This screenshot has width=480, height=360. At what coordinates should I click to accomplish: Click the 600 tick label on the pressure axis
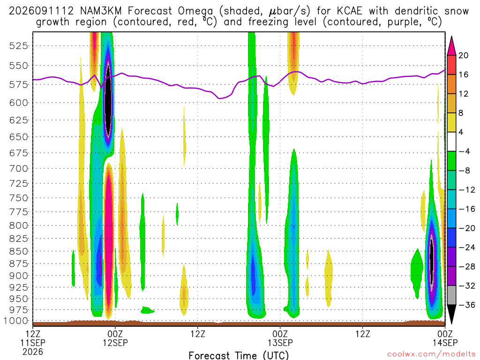click(19, 103)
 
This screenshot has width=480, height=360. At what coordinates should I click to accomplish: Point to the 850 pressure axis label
click(19, 251)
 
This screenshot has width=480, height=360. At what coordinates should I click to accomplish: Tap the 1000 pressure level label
click(16, 321)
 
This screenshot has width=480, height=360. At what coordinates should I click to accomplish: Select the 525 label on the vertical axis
click(19, 46)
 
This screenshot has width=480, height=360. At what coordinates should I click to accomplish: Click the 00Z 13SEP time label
click(280, 338)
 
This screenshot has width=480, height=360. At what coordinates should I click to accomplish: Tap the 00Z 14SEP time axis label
click(445, 338)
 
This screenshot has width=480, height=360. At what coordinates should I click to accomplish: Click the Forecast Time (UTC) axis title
click(239, 355)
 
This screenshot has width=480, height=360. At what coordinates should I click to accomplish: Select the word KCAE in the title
click(349, 11)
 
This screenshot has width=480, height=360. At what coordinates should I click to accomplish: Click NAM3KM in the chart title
click(101, 11)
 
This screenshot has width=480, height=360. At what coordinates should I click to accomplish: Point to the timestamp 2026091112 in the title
click(41, 11)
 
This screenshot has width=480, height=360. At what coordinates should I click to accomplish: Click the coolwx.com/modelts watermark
click(431, 354)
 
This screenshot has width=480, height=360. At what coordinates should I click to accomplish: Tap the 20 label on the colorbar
click(463, 55)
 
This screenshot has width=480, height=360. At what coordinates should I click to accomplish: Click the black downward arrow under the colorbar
click(451, 314)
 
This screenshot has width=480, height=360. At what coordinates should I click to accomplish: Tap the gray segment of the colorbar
click(451, 295)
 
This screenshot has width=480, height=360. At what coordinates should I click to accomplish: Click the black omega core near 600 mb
click(108, 101)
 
